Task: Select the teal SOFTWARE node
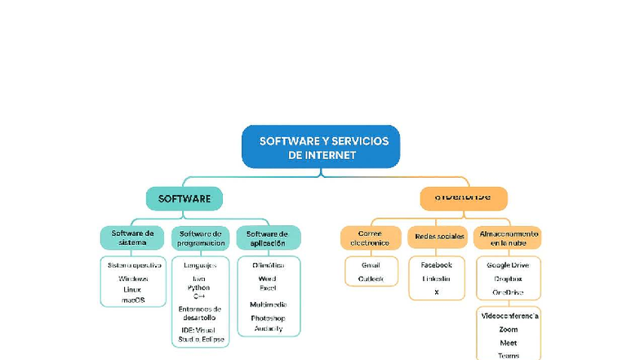184,198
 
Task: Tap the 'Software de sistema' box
132,238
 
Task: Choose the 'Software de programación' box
201,238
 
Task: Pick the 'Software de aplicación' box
268,238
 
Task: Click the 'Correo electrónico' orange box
371,238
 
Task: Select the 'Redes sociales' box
439,237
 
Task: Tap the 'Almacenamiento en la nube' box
508,238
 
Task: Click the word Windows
133,278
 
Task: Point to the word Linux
133,289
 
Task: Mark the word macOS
133,300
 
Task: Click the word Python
198,287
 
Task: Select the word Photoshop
268,318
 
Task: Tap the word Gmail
371,265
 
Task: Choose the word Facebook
436,265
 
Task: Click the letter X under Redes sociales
436,291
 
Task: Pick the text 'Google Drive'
508,265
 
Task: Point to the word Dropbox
508,278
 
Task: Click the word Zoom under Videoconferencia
508,330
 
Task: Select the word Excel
268,288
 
